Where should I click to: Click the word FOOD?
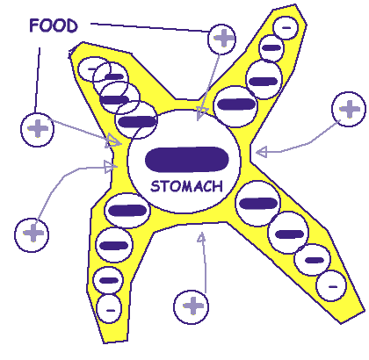54,25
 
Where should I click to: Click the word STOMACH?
186,186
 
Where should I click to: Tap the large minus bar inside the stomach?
187,160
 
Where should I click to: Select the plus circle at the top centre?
221,40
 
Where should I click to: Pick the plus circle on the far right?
349,109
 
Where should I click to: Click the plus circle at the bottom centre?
192,307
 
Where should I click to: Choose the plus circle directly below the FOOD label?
37,130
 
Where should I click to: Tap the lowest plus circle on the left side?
32,235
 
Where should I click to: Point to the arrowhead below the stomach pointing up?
201,237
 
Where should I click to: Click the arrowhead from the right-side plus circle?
261,152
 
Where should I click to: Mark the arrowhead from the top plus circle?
201,113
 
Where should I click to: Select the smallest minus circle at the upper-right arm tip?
286,28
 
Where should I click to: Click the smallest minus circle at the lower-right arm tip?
331,285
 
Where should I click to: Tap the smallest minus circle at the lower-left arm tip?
109,309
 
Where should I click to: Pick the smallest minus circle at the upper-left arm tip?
94,69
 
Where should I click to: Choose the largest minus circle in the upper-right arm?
235,106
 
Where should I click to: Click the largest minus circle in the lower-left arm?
127,211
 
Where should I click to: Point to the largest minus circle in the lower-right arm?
258,204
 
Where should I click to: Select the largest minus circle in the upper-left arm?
136,120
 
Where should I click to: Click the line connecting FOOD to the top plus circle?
150,27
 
